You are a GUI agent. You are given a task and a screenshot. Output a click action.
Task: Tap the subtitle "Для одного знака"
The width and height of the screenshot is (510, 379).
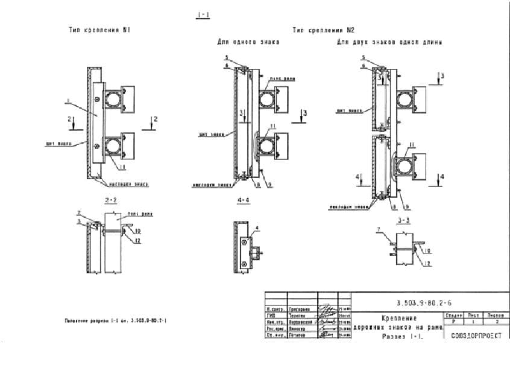point(245,42)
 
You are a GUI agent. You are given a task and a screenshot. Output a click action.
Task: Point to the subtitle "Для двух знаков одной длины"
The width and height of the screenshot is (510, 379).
point(389,42)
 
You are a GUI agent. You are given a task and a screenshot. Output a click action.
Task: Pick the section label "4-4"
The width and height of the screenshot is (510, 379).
point(243,199)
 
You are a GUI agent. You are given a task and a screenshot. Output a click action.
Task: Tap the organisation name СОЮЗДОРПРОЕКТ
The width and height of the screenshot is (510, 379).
point(476,336)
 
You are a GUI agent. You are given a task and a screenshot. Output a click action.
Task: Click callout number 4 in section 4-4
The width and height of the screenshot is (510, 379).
point(257,228)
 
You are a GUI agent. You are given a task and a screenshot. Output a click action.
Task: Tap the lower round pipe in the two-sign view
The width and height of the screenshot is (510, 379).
point(404,165)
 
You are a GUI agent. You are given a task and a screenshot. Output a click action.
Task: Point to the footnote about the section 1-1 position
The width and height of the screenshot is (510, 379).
point(115,320)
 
